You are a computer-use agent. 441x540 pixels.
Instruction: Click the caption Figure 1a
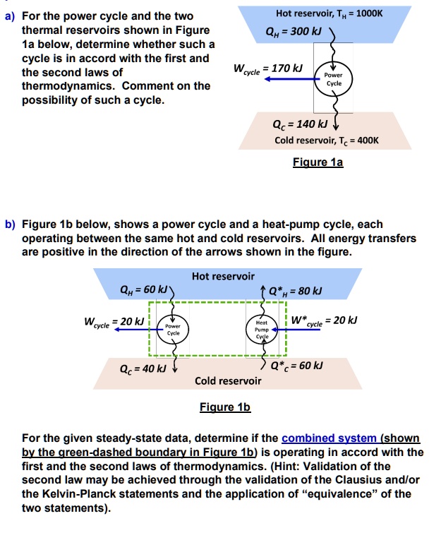pyautogui.click(x=318, y=162)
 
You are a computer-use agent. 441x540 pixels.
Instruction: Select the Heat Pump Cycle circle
pyautogui.click(x=262, y=328)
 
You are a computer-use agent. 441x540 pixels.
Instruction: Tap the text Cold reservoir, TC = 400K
pyautogui.click(x=327, y=140)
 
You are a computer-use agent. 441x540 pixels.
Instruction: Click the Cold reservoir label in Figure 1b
pyautogui.click(x=228, y=380)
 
